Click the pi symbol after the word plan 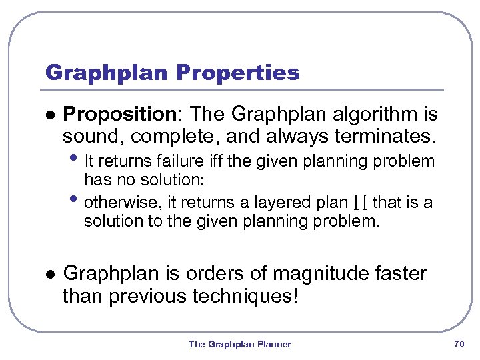[x=360, y=203]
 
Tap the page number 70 [x=458, y=344]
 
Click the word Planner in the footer [x=274, y=344]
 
